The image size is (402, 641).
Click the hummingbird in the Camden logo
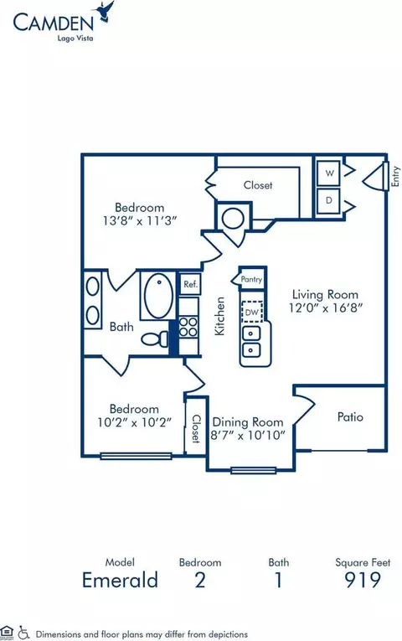click(105, 12)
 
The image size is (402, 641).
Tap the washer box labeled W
click(329, 173)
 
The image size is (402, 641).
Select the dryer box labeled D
click(329, 201)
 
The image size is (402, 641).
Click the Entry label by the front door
click(395, 176)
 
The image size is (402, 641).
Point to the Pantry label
click(251, 279)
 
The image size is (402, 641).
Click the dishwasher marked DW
click(252, 313)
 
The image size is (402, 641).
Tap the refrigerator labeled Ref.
click(190, 284)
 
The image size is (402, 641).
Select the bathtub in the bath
click(158, 295)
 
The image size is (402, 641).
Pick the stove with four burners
click(188, 327)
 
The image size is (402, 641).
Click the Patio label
click(350, 417)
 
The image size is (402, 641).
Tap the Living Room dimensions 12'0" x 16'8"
click(326, 308)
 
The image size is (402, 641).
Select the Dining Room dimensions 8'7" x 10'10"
click(248, 435)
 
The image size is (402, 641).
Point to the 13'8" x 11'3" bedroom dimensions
click(140, 220)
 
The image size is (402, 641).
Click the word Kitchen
click(219, 316)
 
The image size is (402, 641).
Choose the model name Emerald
click(120, 580)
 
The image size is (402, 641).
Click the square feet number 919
click(363, 580)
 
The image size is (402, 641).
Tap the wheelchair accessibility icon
click(24, 633)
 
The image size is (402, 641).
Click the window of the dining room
click(253, 471)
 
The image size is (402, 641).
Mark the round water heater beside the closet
click(233, 219)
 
